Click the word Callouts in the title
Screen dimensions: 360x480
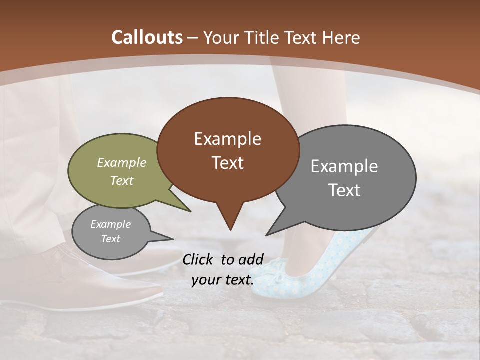(x=147, y=37)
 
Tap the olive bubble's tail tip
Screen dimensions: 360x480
(x=190, y=211)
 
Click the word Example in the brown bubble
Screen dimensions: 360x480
(x=227, y=139)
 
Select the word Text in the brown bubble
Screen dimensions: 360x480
(x=228, y=163)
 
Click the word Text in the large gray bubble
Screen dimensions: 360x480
(x=344, y=190)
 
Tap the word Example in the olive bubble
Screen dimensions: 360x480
(x=122, y=163)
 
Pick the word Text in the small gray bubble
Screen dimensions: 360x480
(x=111, y=239)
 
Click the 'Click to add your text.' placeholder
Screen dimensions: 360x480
(x=223, y=269)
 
